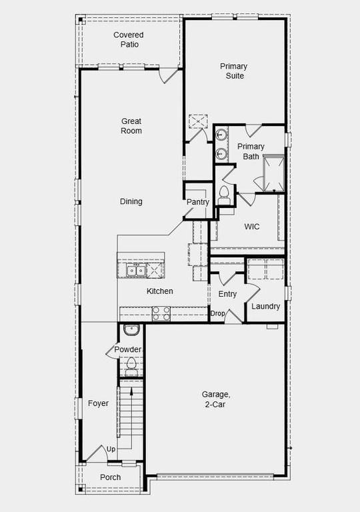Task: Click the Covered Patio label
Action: tap(128, 39)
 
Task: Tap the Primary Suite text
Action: tap(234, 71)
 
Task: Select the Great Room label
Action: tap(131, 126)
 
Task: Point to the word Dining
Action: tap(131, 201)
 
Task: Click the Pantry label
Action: tap(198, 202)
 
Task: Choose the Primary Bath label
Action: tap(251, 151)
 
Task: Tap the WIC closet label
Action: tap(251, 227)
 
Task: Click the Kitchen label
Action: tap(160, 291)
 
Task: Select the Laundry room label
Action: tap(265, 306)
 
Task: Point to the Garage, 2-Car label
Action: tap(216, 399)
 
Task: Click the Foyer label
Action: tap(98, 403)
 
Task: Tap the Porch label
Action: tap(110, 477)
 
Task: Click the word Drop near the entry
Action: tap(217, 313)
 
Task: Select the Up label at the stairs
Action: tap(111, 449)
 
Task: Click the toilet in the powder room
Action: tap(131, 364)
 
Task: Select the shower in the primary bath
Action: tap(273, 171)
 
